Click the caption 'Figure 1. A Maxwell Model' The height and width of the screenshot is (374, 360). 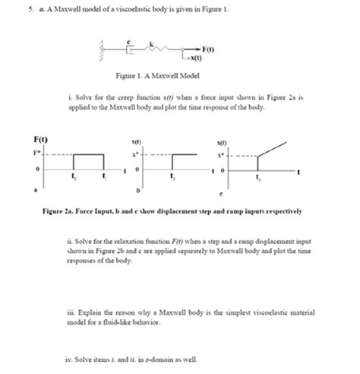[x=182, y=77]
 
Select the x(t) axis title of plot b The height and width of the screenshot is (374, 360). [x=137, y=142]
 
